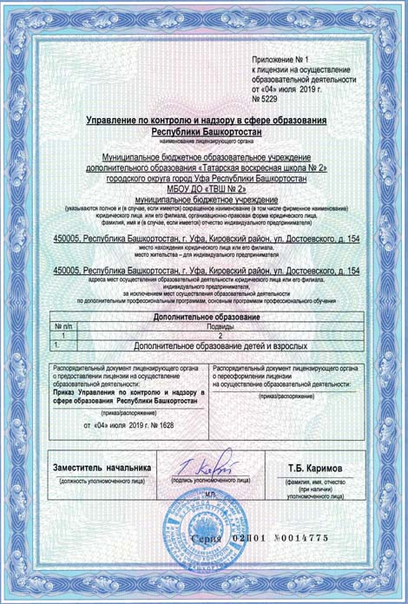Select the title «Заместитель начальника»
102,467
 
